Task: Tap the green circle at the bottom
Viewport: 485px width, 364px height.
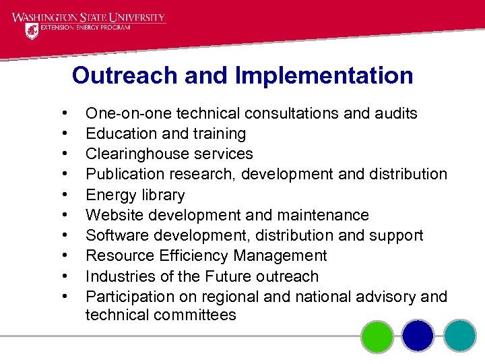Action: coord(377,336)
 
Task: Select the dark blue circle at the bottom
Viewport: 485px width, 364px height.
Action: coord(418,336)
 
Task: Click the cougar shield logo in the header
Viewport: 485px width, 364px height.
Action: coord(32,31)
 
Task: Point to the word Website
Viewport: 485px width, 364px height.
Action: coord(112,216)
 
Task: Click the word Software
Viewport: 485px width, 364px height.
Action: coord(115,236)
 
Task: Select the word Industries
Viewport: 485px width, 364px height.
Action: coord(118,276)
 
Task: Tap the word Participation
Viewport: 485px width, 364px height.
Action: coord(129,297)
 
